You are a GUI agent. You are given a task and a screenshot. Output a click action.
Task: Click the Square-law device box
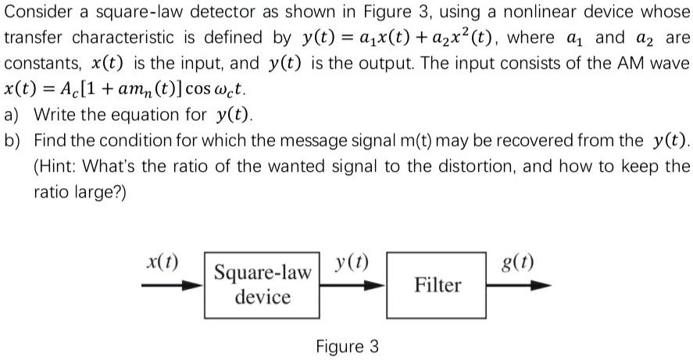click(x=263, y=285)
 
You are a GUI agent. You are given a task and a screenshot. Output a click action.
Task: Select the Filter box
click(x=437, y=285)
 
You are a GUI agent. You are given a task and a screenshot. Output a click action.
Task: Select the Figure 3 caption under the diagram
click(x=348, y=346)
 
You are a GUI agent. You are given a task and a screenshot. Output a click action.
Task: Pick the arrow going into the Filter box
click(x=352, y=286)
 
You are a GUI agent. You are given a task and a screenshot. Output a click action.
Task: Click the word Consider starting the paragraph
click(x=37, y=13)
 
